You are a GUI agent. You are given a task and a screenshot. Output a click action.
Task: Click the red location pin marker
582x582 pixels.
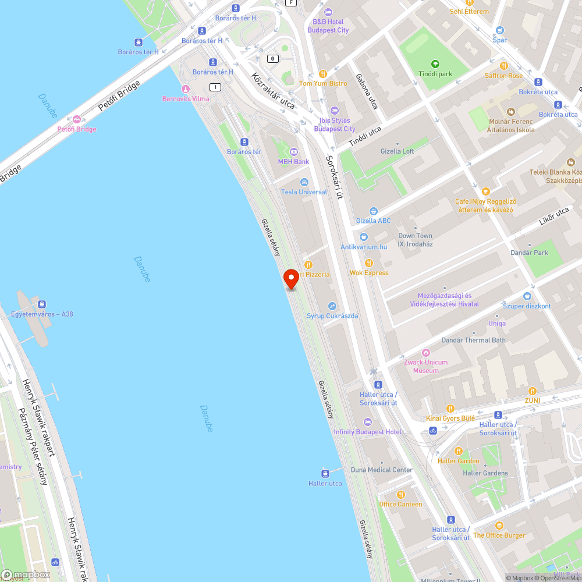[x=290, y=279]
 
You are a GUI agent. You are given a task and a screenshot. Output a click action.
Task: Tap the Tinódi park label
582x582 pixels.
[x=435, y=74]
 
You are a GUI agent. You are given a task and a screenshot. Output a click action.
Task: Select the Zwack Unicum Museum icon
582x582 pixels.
[x=426, y=353]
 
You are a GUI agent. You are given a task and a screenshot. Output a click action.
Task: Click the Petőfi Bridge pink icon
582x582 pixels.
[x=77, y=119]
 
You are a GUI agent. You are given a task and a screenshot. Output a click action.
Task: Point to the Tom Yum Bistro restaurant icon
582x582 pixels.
[x=322, y=74]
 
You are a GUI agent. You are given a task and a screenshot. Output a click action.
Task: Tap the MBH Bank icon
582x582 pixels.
[x=293, y=152]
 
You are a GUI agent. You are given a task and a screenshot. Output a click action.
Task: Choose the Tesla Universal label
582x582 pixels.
[x=304, y=192]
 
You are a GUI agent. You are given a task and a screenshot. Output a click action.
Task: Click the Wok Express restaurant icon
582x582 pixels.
[x=368, y=263]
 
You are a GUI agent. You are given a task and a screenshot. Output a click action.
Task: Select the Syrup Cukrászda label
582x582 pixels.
[x=332, y=316]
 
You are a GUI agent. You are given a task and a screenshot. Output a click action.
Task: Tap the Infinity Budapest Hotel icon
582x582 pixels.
[x=367, y=422]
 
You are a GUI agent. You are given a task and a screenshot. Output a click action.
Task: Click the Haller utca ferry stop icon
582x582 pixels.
[x=325, y=473]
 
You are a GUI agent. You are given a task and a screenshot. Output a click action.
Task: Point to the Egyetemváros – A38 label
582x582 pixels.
[x=42, y=314]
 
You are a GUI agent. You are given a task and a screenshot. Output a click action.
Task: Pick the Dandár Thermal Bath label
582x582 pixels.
[x=473, y=340]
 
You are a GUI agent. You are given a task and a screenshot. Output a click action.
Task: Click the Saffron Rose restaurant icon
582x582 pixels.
[x=503, y=66]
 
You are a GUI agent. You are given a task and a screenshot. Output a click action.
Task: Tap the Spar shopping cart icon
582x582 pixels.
[x=499, y=30]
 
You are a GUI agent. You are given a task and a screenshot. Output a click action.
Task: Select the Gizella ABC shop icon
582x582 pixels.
[x=374, y=211]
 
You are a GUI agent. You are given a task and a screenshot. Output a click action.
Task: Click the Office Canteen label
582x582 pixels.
[x=400, y=504]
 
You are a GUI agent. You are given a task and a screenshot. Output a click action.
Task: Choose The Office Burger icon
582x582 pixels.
[x=499, y=526]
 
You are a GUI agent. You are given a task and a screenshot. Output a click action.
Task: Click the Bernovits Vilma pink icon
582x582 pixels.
[x=186, y=89]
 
